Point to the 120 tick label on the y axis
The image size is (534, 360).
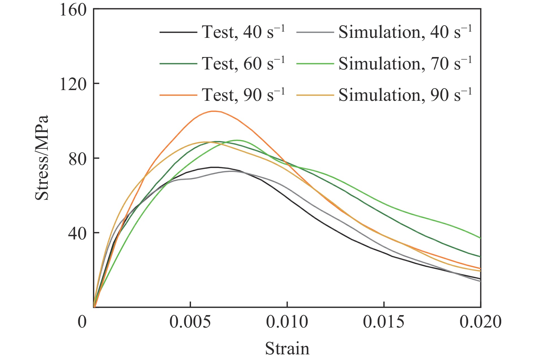[73, 84]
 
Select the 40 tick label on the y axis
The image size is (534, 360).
[77, 233]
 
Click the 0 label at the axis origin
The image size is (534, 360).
[82, 322]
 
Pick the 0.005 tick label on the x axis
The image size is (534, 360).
[190, 322]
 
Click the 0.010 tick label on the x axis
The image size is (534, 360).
[287, 322]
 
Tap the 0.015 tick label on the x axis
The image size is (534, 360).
[384, 322]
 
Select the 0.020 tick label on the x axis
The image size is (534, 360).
[480, 322]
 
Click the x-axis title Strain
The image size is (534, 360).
[287, 348]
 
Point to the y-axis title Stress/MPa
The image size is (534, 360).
[42, 158]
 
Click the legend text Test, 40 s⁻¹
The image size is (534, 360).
[243, 32]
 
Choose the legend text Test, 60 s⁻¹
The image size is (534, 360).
[243, 64]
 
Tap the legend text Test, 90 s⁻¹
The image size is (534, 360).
[243, 95]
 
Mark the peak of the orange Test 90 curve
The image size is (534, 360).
[214, 111]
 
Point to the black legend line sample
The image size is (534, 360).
[178, 32]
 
